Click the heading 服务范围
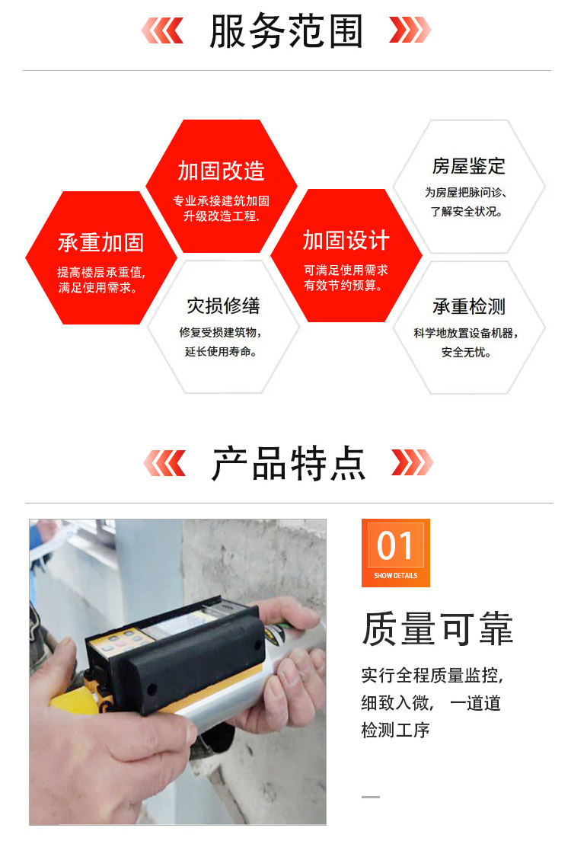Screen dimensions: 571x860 pyautogui.click(x=286, y=31)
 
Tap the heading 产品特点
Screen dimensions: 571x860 pyautogui.click(x=289, y=463)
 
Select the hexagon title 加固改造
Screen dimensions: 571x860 pyautogui.click(x=221, y=171)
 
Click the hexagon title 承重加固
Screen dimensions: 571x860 pyautogui.click(x=100, y=242)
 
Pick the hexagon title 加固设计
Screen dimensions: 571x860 pyautogui.click(x=346, y=240)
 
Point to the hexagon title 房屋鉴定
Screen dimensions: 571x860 pyautogui.click(x=468, y=165)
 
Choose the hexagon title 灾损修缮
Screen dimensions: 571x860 pyautogui.click(x=223, y=305)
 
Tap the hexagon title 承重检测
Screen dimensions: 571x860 pyautogui.click(x=468, y=306)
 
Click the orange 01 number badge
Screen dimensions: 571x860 pyautogui.click(x=396, y=553)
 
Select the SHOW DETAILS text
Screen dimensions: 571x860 pyautogui.click(x=396, y=575)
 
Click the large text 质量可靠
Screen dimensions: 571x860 pyautogui.click(x=437, y=628)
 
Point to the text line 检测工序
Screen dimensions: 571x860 pyautogui.click(x=396, y=730)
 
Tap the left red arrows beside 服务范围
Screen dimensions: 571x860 pyautogui.click(x=162, y=30)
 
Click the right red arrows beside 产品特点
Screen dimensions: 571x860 pyautogui.click(x=412, y=463)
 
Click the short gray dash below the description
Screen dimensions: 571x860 pyautogui.click(x=371, y=797)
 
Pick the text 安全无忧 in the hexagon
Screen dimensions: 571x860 pyautogui.click(x=466, y=352)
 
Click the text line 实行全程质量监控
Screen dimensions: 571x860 pyautogui.click(x=432, y=675)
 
